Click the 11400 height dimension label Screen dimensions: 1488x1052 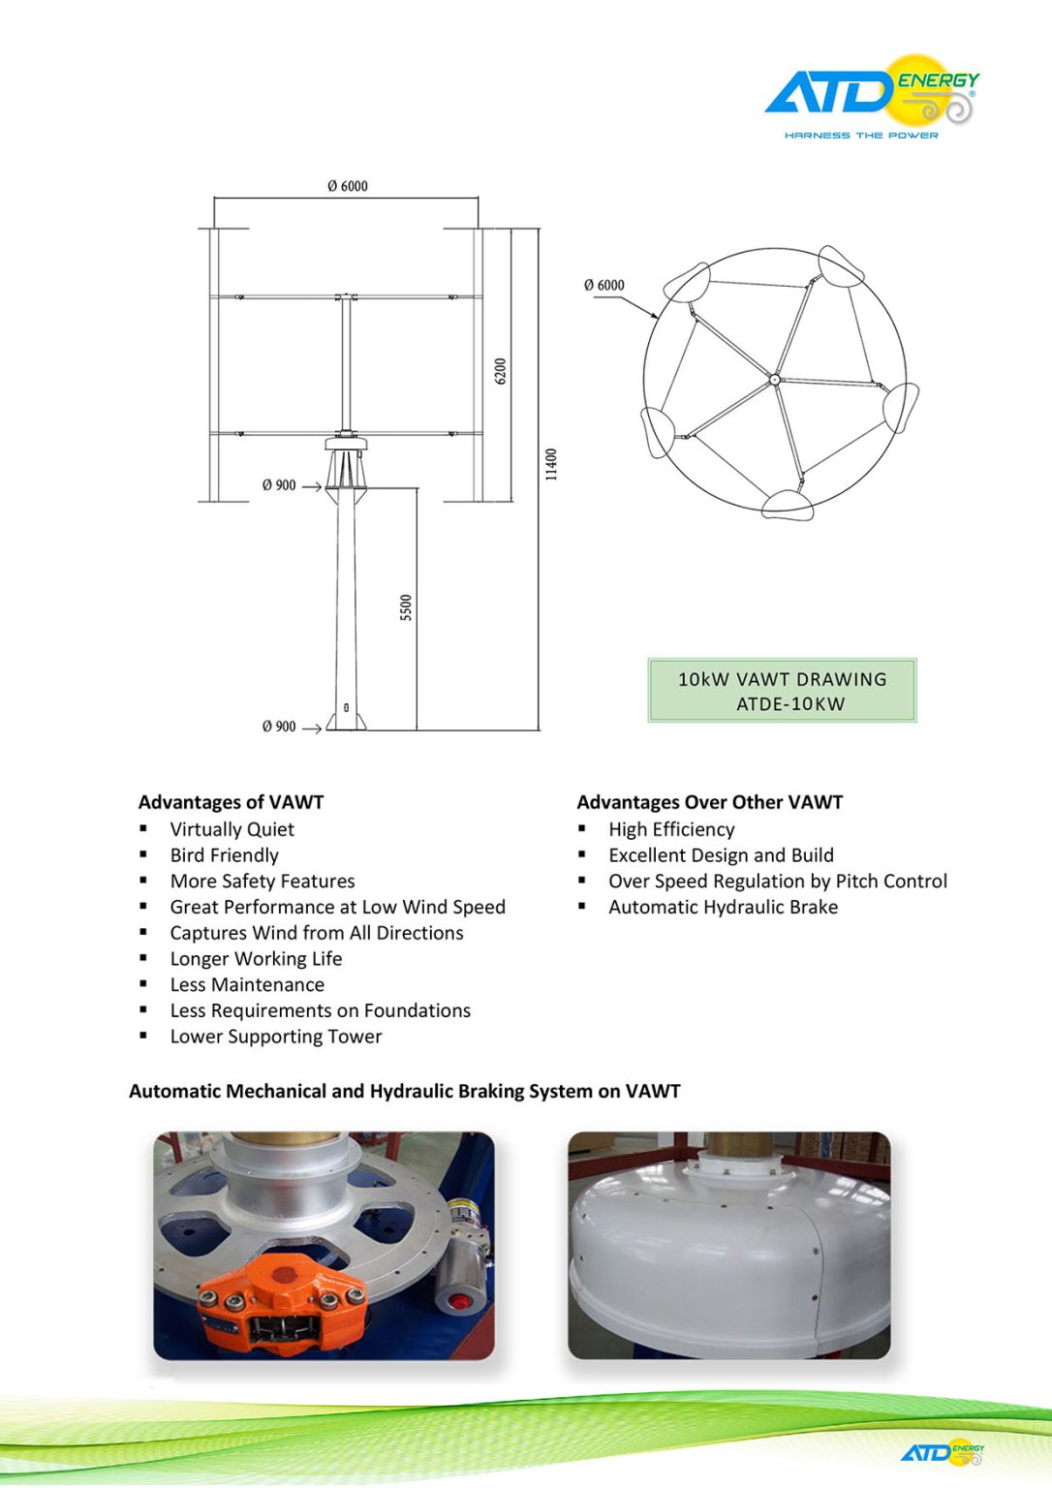[551, 464]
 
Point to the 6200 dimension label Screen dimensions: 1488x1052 [501, 371]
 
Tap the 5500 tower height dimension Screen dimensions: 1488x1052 [406, 607]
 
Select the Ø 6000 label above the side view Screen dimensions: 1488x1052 [347, 186]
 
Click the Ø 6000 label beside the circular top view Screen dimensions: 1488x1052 [603, 285]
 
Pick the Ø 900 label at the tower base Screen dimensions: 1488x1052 [279, 727]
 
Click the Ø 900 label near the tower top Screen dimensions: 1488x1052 [279, 485]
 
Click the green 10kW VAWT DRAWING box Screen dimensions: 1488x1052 [782, 691]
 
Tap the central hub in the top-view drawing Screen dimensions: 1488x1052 [774, 381]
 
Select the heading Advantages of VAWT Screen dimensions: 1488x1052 [231, 802]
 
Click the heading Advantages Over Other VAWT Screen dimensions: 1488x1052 [709, 802]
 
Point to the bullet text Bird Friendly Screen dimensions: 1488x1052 [224, 855]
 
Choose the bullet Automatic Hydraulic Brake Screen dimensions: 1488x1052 [723, 908]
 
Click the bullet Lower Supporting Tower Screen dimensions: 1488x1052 [276, 1037]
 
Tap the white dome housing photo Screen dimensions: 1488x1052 [728, 1250]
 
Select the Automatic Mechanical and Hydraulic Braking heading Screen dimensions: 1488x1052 [404, 1092]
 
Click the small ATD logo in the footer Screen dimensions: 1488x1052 [943, 1452]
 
